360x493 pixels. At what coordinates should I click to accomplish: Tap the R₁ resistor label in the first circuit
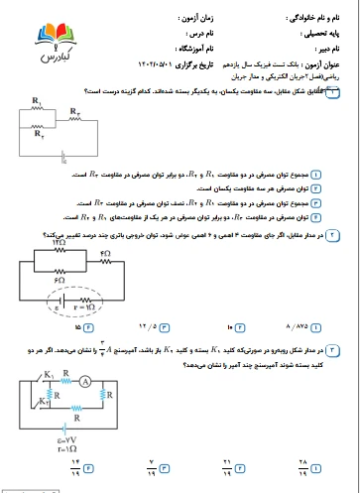(36, 102)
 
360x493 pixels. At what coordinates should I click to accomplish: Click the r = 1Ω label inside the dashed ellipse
(82, 307)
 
